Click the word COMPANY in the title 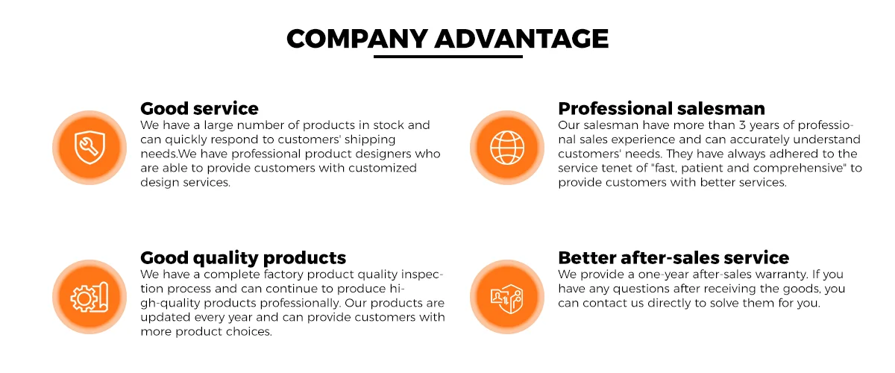pyautogui.click(x=357, y=39)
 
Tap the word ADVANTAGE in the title pyautogui.click(x=521, y=39)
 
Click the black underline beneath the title pyautogui.click(x=448, y=57)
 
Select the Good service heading pyautogui.click(x=199, y=108)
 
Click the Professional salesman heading pyautogui.click(x=662, y=108)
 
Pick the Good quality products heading pyautogui.click(x=243, y=258)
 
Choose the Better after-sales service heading pyautogui.click(x=673, y=257)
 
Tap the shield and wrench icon pyautogui.click(x=89, y=148)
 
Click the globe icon pyautogui.click(x=507, y=148)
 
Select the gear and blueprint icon pyautogui.click(x=89, y=297)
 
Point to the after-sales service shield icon pyautogui.click(x=507, y=298)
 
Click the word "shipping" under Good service pyautogui.click(x=370, y=140)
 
